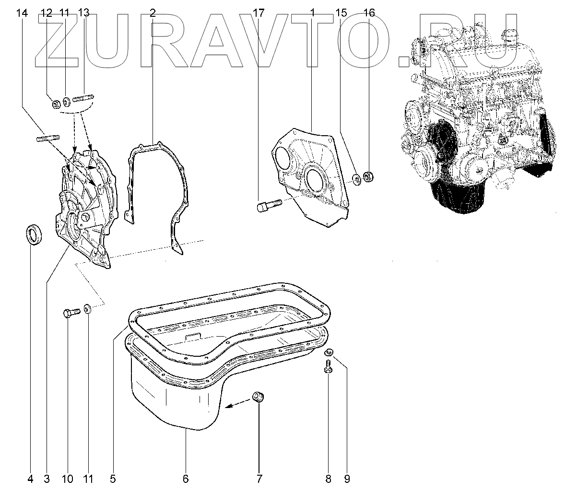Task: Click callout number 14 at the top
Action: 22,13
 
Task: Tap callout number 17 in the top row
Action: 259,13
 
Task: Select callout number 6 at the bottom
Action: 186,479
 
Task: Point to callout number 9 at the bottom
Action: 347,479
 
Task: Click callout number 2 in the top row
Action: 153,13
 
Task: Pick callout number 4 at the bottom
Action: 30,479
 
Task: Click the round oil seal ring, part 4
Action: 35,234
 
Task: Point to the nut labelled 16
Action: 368,176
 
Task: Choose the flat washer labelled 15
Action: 356,180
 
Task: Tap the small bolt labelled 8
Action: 328,368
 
